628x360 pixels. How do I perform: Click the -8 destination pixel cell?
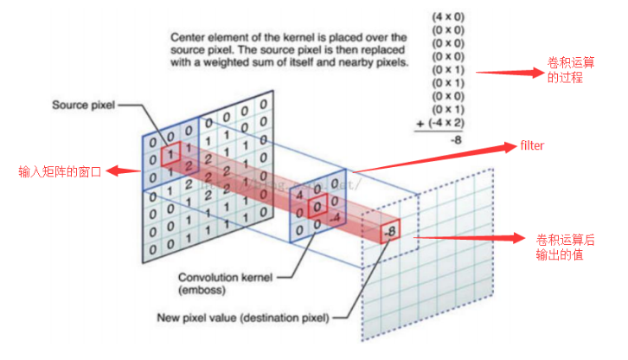390,231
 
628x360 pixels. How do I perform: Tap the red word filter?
532,145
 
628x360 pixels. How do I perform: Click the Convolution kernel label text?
226,277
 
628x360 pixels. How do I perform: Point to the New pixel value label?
243,318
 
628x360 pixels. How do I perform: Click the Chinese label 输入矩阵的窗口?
60,171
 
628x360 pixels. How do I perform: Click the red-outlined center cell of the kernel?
318,205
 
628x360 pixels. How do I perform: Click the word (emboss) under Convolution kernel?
201,290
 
